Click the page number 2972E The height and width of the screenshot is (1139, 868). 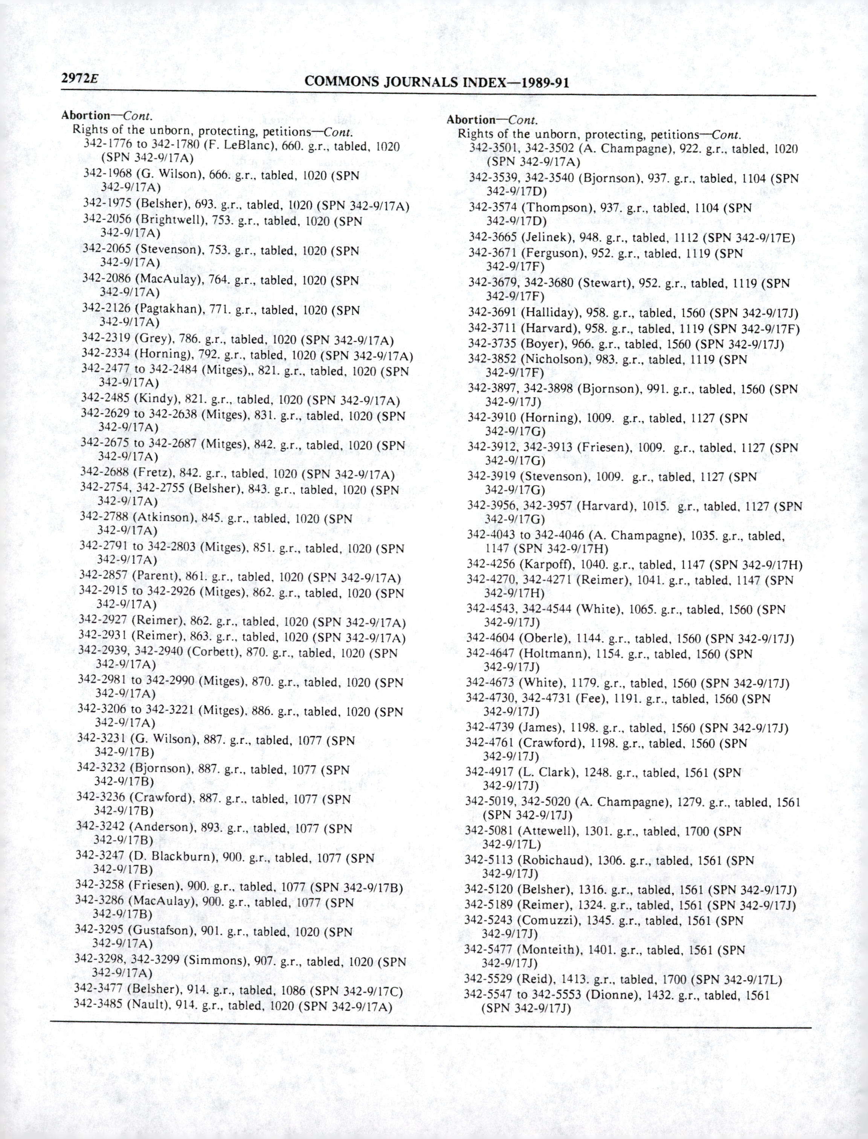pos(79,79)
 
